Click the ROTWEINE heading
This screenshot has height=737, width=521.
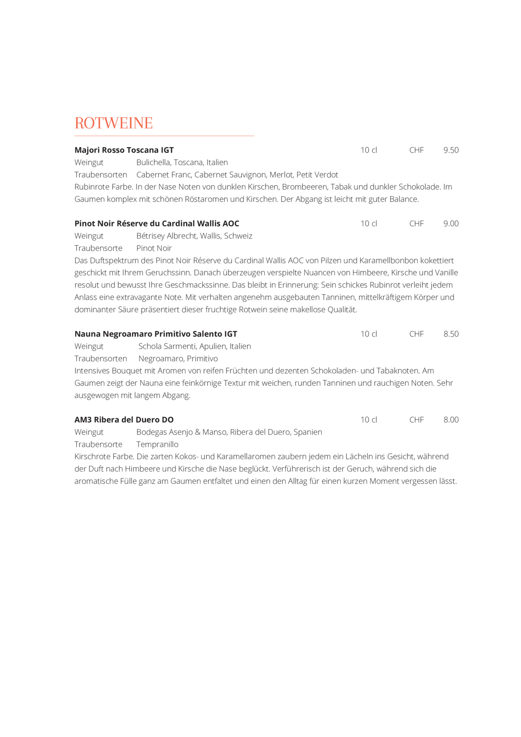pyautogui.click(x=113, y=123)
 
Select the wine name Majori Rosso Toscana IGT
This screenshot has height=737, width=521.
pyautogui.click(x=124, y=150)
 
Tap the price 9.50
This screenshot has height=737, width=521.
pyautogui.click(x=451, y=150)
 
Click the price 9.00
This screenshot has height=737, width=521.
pyautogui.click(x=451, y=223)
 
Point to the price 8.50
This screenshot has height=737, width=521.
pyautogui.click(x=451, y=334)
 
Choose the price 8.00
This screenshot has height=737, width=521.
pyautogui.click(x=451, y=420)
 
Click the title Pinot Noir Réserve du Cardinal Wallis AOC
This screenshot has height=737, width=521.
pyautogui.click(x=157, y=223)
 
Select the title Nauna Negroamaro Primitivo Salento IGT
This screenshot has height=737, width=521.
pyautogui.click(x=156, y=334)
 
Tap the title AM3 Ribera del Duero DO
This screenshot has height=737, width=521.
pyautogui.click(x=124, y=420)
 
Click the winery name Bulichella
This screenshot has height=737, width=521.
pyautogui.click(x=153, y=162)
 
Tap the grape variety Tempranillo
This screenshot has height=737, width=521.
pyautogui.click(x=157, y=444)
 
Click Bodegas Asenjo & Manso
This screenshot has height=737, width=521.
pyautogui.click(x=181, y=432)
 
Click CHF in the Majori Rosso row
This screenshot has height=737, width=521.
pyautogui.click(x=416, y=150)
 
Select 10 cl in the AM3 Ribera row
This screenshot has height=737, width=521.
pyautogui.click(x=369, y=420)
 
